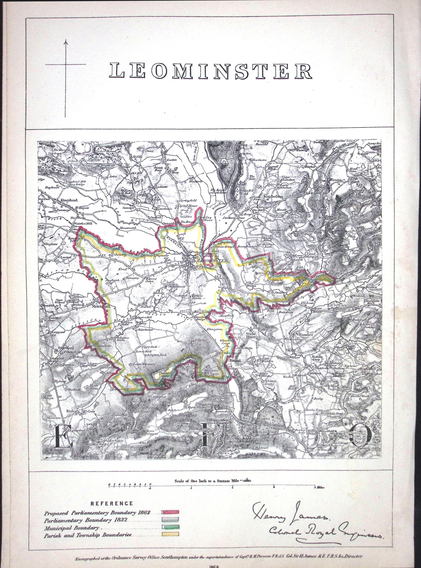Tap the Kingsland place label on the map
[x=69, y=200]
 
